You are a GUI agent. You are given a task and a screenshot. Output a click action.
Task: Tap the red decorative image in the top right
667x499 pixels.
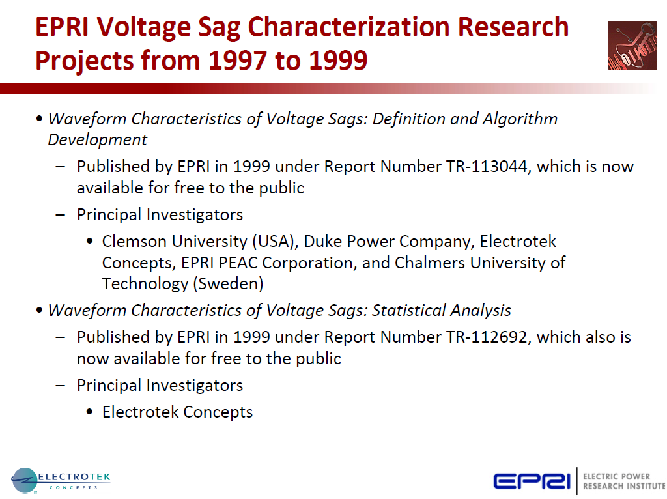[x=631, y=46]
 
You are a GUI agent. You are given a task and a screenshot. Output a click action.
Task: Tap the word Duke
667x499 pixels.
[x=322, y=242]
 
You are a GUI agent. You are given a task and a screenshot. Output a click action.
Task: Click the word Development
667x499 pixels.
[x=98, y=140]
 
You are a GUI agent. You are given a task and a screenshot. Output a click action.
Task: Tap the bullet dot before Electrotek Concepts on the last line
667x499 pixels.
[x=90, y=412]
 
